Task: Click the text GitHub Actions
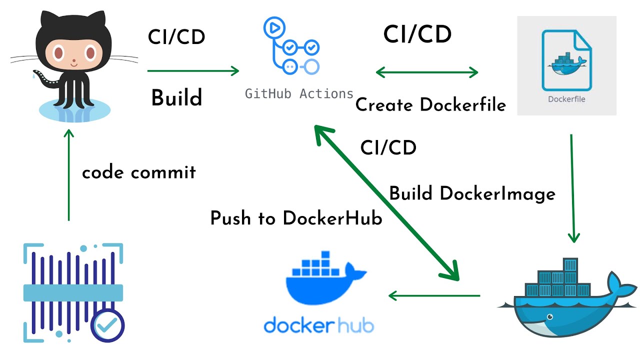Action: (x=299, y=93)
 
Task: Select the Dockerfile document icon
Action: (x=566, y=60)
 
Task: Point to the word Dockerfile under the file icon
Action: (x=566, y=99)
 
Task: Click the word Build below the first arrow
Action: (x=176, y=98)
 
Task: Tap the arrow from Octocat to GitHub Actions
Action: (x=193, y=71)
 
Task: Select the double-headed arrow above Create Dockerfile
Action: (x=426, y=72)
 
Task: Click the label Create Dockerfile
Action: (x=430, y=105)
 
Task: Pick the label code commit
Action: (x=139, y=172)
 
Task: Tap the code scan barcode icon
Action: (x=72, y=292)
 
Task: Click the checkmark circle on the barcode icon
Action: (x=107, y=326)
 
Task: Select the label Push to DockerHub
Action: (x=296, y=218)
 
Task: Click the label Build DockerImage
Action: (x=472, y=193)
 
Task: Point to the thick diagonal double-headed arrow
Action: (x=386, y=202)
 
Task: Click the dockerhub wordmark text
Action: (x=318, y=325)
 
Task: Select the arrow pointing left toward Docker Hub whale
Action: (x=434, y=295)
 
